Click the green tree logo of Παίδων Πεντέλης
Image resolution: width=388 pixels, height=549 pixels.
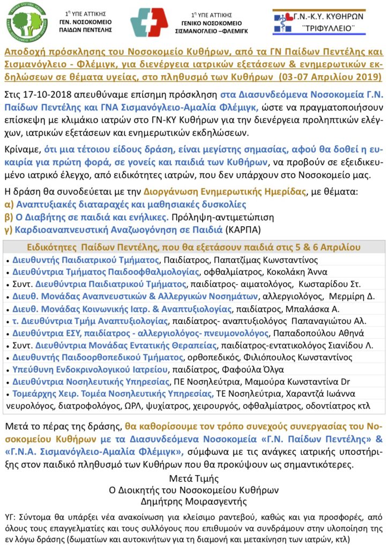(26, 23)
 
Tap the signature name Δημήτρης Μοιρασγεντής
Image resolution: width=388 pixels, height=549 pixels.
(194, 502)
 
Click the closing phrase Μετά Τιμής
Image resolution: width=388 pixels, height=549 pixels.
(194, 478)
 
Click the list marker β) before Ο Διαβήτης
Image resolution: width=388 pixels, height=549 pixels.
(9, 218)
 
